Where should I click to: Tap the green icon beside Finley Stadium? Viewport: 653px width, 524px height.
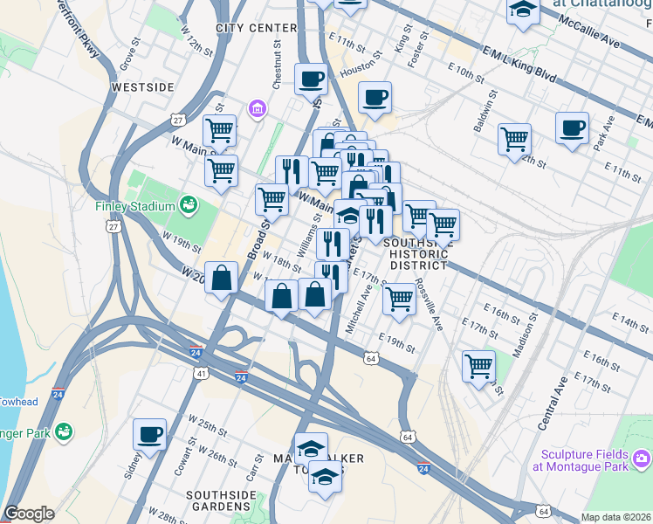point(188,205)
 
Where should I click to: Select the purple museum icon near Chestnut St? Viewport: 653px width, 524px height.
point(258,109)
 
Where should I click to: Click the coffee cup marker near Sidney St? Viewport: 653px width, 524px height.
point(149,435)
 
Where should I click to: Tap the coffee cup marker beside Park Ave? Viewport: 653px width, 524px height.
point(572,128)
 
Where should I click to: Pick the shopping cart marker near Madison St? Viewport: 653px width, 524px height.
point(478,366)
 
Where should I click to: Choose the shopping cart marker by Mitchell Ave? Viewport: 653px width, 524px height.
point(399,299)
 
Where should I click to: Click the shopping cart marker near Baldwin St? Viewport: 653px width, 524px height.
point(515,139)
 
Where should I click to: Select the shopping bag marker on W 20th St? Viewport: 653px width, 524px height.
point(223,279)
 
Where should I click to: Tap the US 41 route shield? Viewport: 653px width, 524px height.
point(201,373)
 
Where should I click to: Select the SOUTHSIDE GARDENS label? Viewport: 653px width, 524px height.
point(220,500)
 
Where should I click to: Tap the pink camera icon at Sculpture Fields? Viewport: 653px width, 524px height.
point(643,458)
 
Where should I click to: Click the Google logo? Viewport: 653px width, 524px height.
point(29,514)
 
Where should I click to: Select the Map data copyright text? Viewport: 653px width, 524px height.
point(615,517)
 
